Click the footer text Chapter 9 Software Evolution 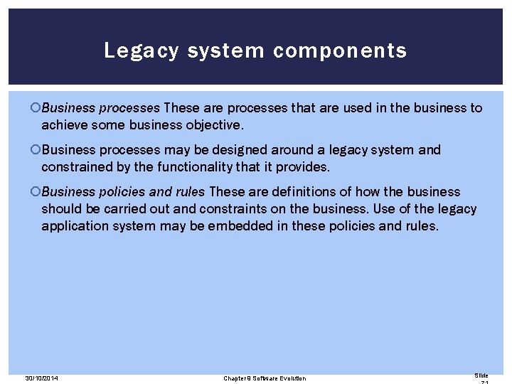coord(265,378)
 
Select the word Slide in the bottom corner coord(481,375)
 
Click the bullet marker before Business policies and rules coord(36,192)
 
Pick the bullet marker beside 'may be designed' coord(36,150)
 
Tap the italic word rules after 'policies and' coord(190,192)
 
